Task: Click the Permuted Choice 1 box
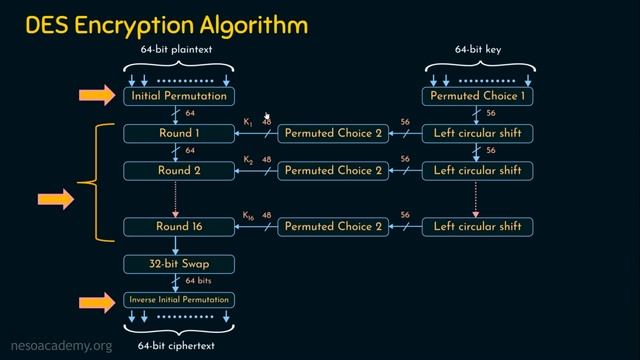478,96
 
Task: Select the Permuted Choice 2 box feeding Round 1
333,133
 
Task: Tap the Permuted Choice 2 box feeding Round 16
333,227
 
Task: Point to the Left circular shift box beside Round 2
478,170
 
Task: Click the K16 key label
249,216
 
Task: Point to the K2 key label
248,160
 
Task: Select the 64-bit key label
478,48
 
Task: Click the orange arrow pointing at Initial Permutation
98,96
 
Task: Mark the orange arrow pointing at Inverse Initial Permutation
98,300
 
